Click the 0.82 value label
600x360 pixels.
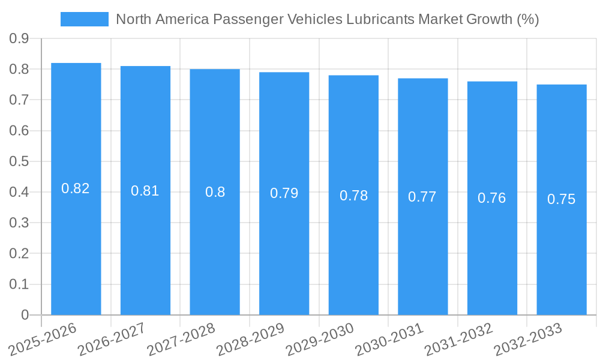(76, 188)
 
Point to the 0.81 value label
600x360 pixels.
(145, 191)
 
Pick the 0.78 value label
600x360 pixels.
(353, 196)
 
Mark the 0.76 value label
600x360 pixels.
(492, 198)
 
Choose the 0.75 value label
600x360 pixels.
(561, 200)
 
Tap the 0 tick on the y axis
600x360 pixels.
(25, 315)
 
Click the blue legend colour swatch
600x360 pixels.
(85, 19)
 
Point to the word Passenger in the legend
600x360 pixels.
(244, 19)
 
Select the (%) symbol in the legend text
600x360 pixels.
(527, 19)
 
